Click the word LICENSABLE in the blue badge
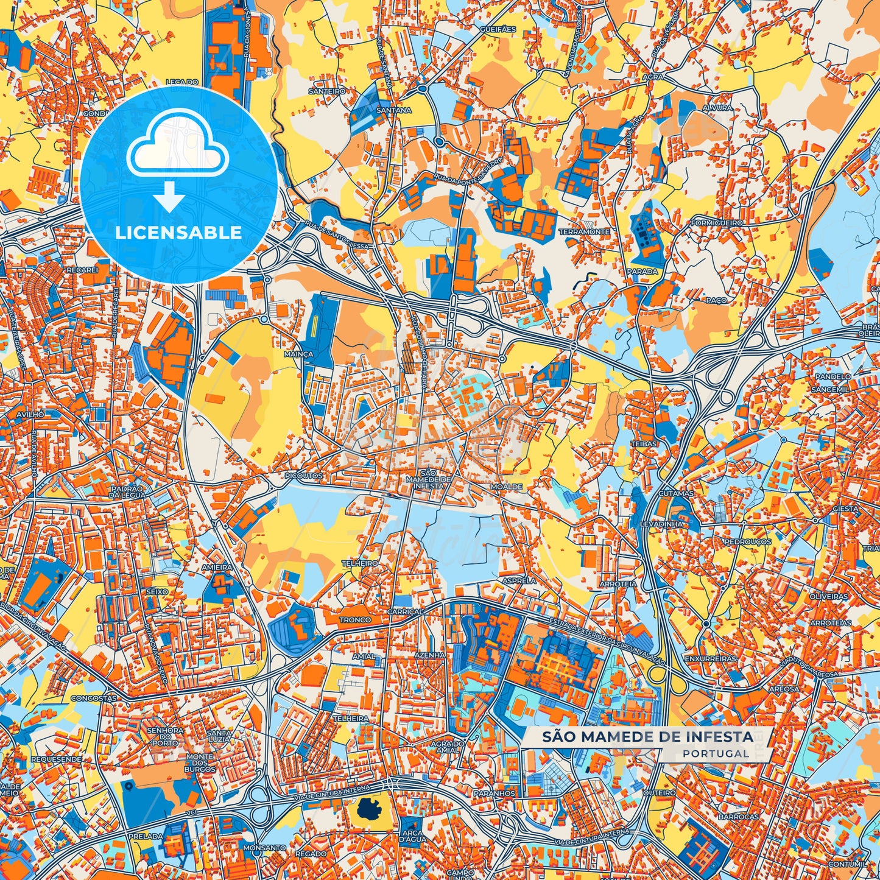[x=178, y=233]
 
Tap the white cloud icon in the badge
[x=178, y=150]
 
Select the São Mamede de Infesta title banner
[x=647, y=737]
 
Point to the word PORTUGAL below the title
[x=716, y=753]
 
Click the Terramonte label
[x=585, y=232]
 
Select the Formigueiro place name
[x=717, y=223]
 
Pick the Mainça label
[x=298, y=354]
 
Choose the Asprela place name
[x=518, y=581]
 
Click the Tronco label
[x=355, y=620]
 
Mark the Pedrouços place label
[x=747, y=541]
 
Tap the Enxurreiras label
[x=710, y=659]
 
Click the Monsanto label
[x=264, y=848]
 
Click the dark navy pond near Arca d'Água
[x=368, y=809]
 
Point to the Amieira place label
[x=217, y=567]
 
